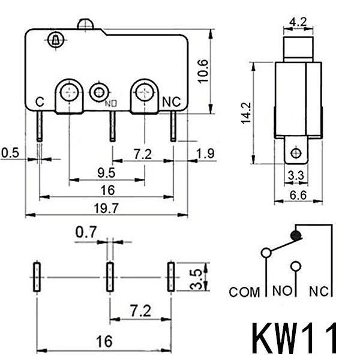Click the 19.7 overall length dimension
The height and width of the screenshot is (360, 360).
pos(106,208)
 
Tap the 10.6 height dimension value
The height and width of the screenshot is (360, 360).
pos(203,71)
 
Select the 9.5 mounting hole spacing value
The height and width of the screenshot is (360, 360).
pos(106,173)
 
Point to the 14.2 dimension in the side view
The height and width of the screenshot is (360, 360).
pos(246,113)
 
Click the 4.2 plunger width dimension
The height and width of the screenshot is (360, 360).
pos(298,22)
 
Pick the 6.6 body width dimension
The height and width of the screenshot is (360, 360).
pos(298,195)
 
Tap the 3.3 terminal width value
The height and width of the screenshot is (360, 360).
pos(296,176)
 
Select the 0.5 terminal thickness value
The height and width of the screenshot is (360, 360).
pos(10,152)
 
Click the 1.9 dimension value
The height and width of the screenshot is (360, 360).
pos(206,154)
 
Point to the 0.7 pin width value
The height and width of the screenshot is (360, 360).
pos(86,232)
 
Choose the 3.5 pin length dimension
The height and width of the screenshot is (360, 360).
pos(197,279)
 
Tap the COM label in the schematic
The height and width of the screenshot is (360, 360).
pos(244,292)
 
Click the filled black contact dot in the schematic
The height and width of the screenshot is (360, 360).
pos(296,235)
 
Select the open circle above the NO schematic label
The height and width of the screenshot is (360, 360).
pos(296,266)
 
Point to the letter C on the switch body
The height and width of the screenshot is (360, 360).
pos(40,102)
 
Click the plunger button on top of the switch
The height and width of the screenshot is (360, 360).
pos(86,24)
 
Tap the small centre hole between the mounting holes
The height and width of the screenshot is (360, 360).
pos(99,92)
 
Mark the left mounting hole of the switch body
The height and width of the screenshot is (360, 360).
pos(70,92)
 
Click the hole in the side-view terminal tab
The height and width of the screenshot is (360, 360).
pos(296,152)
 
